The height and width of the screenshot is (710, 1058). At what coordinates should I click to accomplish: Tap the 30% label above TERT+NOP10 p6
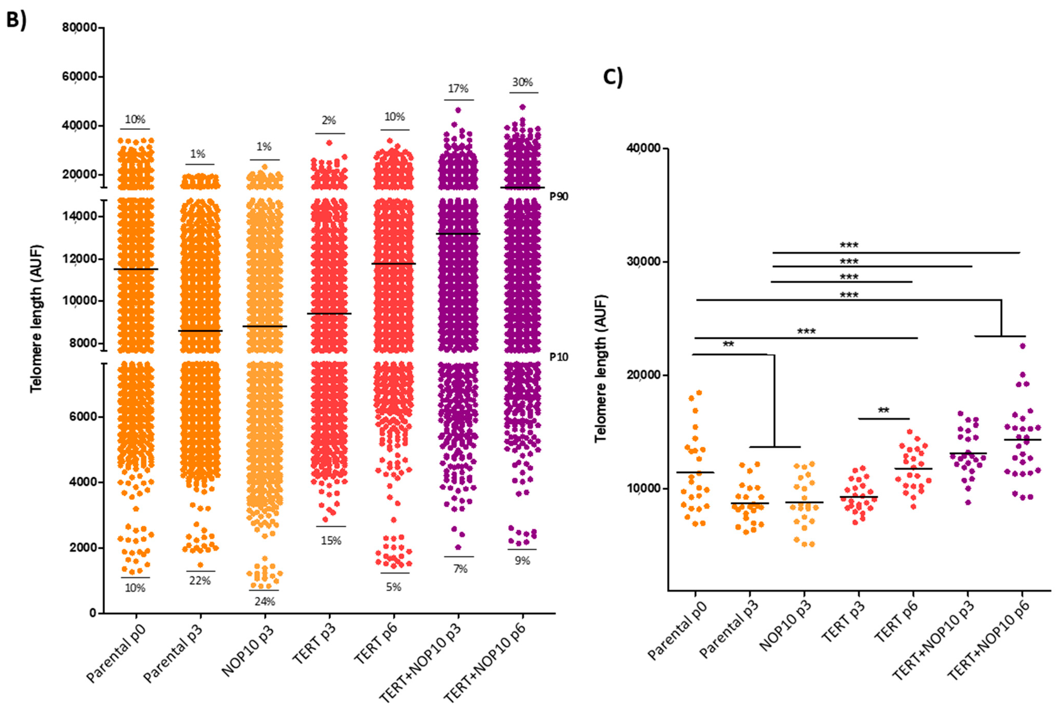[x=523, y=82]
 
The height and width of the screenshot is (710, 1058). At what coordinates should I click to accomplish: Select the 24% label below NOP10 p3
[x=264, y=601]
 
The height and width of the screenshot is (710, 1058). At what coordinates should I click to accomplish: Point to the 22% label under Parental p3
[x=200, y=580]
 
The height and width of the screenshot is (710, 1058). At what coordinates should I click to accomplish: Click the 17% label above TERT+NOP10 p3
[x=458, y=89]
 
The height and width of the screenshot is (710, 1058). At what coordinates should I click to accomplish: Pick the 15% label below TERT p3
[x=331, y=541]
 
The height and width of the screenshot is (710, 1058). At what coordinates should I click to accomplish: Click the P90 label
[x=559, y=196]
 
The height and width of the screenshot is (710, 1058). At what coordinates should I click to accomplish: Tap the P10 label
[x=559, y=357]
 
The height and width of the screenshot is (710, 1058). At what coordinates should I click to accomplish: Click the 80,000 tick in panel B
[x=80, y=28]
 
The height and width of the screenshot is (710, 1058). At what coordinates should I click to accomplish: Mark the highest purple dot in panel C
[x=1022, y=346]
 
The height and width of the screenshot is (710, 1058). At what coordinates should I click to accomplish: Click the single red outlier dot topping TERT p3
[x=329, y=143]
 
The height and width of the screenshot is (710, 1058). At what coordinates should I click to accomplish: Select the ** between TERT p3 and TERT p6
[x=883, y=411]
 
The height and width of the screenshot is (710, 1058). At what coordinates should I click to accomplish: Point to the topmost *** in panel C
[x=849, y=245]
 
